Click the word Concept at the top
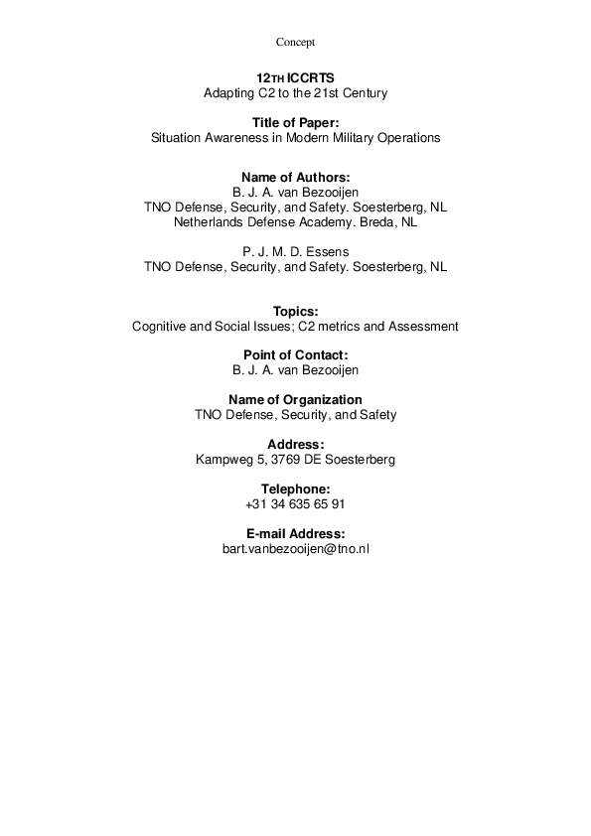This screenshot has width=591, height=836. (x=295, y=42)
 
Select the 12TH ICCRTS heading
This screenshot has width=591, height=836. (x=295, y=77)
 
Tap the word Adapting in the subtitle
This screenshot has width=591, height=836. (x=226, y=93)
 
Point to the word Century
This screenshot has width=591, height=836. (x=363, y=93)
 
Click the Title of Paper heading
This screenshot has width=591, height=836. (x=295, y=122)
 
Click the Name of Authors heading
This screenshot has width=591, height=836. (x=295, y=177)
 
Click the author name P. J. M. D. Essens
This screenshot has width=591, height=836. (x=295, y=251)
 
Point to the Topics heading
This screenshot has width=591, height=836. (x=295, y=311)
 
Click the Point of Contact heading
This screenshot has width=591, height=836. (x=295, y=354)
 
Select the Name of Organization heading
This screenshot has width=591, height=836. (x=295, y=399)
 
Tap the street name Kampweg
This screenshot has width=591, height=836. (x=225, y=460)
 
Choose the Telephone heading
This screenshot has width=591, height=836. (x=295, y=488)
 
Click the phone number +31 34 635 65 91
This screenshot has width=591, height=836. (x=295, y=504)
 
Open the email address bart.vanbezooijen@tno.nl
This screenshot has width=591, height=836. (x=295, y=548)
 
